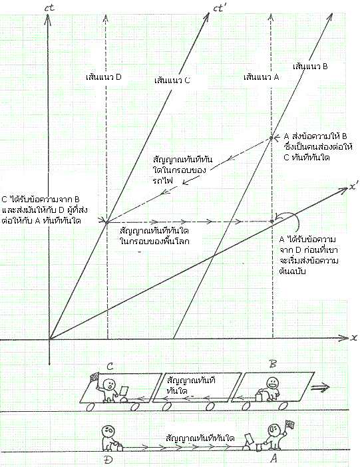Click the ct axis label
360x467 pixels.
pos(49,7)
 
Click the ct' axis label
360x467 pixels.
pos(220,8)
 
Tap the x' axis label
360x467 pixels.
pos(354,187)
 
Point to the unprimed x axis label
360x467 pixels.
pos(354,338)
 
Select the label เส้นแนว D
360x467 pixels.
pos(103,77)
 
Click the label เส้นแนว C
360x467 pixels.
pos(172,80)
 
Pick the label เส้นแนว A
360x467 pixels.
pos(261,77)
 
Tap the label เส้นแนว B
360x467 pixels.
pos(310,66)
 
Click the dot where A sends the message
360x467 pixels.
pos(271,138)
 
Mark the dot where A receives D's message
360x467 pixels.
pos(271,222)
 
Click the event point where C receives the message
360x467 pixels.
pos(107,222)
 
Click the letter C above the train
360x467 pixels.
pos(110,366)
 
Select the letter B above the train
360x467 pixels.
pos(272,364)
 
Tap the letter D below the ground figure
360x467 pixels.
pos(108,460)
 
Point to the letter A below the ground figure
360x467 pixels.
pos(273,458)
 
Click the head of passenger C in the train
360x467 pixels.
pos(109,384)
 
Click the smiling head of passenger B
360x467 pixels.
pos(272,383)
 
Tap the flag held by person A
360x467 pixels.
pos(290,424)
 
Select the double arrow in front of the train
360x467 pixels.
pos(320,387)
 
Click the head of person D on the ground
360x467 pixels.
pos(108,431)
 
